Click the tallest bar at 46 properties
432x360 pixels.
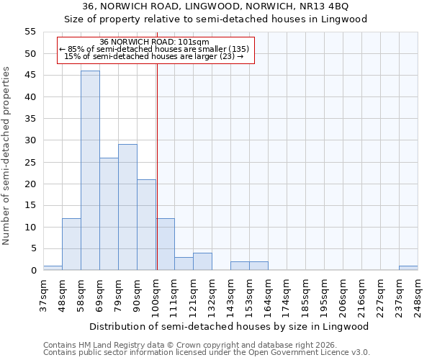point(90,171)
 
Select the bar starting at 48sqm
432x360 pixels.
point(71,244)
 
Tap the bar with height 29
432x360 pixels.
point(127,207)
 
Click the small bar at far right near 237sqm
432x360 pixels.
point(408,268)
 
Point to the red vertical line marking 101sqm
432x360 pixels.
point(157,166)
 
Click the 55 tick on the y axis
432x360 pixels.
point(30,32)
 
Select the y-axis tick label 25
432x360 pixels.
point(30,162)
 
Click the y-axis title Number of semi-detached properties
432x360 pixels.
point(6,156)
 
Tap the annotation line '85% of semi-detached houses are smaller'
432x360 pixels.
point(155,49)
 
